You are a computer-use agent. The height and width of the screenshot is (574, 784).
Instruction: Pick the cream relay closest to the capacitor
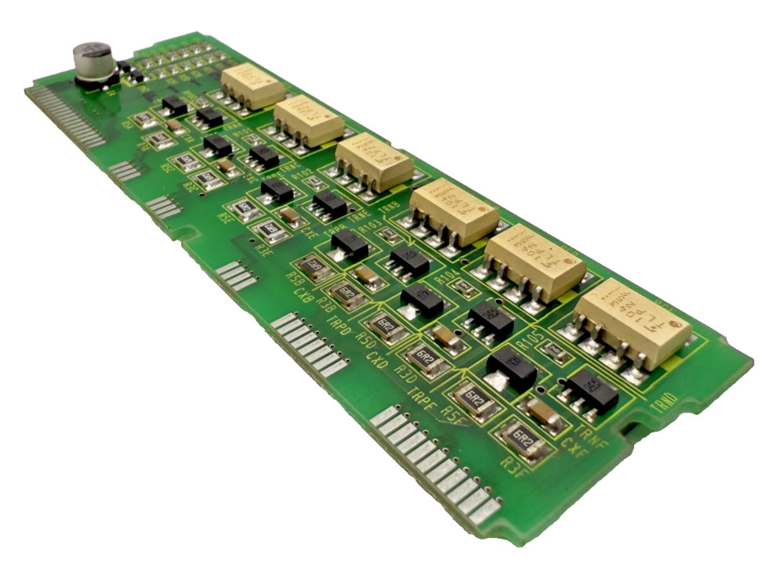click(252, 85)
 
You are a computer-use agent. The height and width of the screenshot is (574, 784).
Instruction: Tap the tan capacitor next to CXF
click(544, 414)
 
